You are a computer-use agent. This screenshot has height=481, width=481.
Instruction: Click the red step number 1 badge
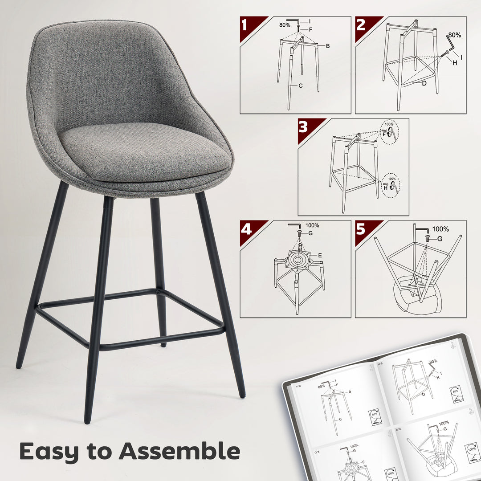(x=247, y=25)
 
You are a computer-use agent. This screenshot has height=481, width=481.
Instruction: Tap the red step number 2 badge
(x=363, y=25)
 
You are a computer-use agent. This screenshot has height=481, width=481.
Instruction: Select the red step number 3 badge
(x=305, y=127)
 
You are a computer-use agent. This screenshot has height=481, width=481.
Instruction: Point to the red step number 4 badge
(x=247, y=229)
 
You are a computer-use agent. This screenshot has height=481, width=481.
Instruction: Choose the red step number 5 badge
(x=363, y=229)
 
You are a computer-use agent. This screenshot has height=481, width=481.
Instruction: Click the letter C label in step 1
(x=301, y=86)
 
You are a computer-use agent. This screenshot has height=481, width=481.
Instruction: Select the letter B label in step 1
(x=327, y=46)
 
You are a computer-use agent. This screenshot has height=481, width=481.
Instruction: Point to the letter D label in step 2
(x=424, y=83)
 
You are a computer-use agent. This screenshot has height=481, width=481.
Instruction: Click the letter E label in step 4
(x=319, y=255)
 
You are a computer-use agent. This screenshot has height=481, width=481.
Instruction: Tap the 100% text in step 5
(x=440, y=229)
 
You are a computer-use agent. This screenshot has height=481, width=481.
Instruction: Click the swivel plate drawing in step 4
(x=298, y=259)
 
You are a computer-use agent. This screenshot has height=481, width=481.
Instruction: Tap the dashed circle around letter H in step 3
(x=391, y=186)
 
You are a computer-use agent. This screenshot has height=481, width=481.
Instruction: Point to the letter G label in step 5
(x=440, y=239)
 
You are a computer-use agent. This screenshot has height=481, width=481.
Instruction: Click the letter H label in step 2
(x=455, y=63)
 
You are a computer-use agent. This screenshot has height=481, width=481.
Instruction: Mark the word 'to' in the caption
(x=100, y=451)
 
